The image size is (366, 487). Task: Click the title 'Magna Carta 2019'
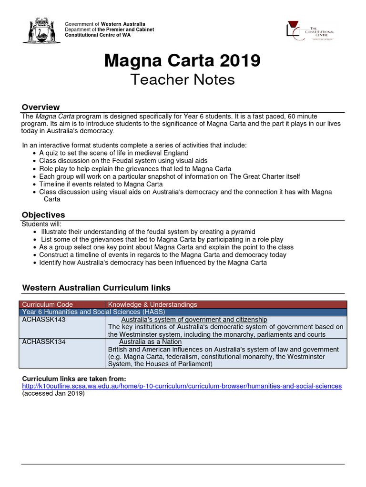tap(183, 60)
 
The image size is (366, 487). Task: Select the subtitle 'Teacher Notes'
tap(183, 79)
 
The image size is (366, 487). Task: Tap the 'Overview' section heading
tap(41, 107)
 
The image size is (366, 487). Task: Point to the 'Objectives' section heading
tap(43, 215)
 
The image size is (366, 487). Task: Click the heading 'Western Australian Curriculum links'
tap(96, 288)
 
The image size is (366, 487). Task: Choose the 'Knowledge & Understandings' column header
tap(152, 304)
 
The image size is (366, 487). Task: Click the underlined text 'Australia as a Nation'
tap(150, 342)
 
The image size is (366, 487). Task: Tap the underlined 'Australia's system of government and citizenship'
tap(194, 320)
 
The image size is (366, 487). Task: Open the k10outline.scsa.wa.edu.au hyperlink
tap(182, 386)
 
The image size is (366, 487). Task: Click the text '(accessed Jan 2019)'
tap(53, 394)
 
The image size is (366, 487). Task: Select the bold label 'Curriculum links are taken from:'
tap(74, 379)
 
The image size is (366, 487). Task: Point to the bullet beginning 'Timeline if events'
tap(101, 184)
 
